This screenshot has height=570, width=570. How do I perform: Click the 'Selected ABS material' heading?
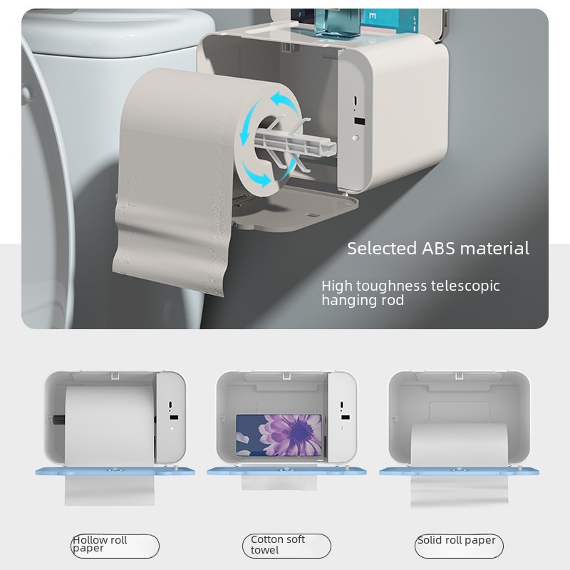click(x=438, y=249)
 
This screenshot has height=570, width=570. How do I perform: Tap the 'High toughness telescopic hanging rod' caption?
click(x=410, y=293)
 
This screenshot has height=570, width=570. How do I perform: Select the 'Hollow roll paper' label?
click(x=100, y=544)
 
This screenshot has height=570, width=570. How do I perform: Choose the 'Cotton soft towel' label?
click(x=278, y=544)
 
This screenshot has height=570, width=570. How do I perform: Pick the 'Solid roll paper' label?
click(x=456, y=540)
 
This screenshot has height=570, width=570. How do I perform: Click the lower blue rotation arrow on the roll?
click(x=256, y=175)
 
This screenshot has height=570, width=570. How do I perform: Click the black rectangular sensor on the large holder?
click(x=359, y=121)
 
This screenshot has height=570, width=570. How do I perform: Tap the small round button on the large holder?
click(x=356, y=138)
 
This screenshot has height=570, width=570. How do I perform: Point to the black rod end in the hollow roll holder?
click(x=58, y=420)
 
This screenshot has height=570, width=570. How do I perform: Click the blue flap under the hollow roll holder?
click(x=115, y=471)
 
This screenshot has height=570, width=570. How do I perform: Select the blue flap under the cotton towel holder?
click(x=287, y=471)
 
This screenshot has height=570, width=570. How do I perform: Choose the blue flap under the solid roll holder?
click(x=459, y=471)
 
